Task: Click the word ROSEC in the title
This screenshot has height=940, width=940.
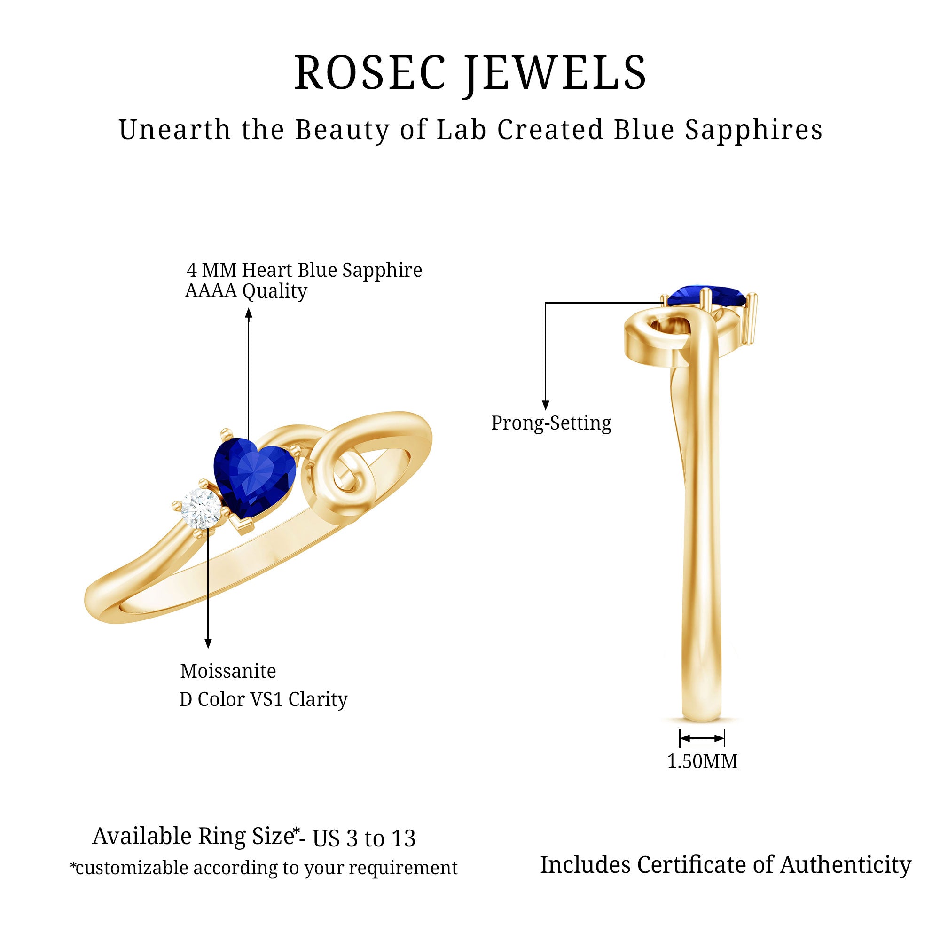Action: pos(370,73)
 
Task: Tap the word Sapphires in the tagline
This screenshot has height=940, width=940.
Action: pos(754,130)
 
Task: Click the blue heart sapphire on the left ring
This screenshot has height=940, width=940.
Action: pos(254,476)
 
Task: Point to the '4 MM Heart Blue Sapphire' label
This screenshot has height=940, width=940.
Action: pos(304,270)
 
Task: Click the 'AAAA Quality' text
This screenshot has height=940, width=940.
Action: pos(246,291)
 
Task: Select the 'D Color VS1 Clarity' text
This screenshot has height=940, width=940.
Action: pos(263,699)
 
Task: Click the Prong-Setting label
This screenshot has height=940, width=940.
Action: pos(551,423)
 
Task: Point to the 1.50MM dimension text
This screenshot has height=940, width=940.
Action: pos(702,761)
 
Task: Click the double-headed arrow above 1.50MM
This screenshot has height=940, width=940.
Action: pos(702,738)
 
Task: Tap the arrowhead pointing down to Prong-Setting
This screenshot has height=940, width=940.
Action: pos(545,405)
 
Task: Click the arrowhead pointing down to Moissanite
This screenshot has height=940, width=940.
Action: pos(208,643)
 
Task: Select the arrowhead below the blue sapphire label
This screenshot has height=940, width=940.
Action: pos(249,314)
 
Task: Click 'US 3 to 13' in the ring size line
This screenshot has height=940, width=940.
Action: pos(364,838)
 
